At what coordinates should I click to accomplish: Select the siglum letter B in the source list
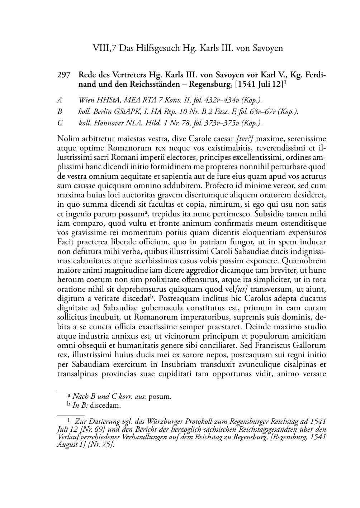pos(60,112)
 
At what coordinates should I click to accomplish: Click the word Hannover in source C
pos(109,123)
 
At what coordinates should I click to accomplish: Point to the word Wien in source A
pos(86,101)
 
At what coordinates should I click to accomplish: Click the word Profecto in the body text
pos(213,186)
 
